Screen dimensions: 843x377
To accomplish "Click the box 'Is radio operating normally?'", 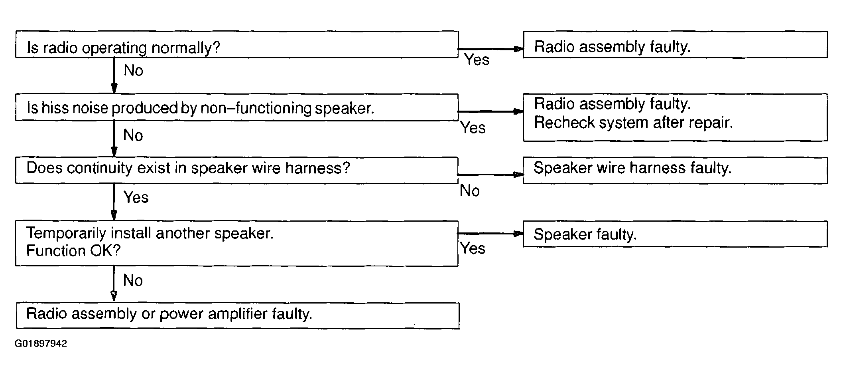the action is [x=237, y=44].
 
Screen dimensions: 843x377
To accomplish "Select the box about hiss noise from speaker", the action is [x=237, y=107].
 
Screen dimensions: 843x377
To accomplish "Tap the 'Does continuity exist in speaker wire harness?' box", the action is [x=237, y=171].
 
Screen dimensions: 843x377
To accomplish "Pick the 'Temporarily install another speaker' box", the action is [x=237, y=244].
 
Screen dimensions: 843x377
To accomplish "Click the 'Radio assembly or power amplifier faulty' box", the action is [x=238, y=315].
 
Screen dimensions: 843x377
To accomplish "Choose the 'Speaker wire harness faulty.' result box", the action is [x=675, y=171].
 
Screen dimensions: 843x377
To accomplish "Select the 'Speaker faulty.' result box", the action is [x=675, y=234].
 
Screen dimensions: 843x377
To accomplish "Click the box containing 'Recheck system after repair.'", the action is [x=675, y=117].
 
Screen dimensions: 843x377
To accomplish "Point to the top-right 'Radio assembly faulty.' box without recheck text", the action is [x=675, y=44].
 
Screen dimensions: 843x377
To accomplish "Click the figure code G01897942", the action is [x=41, y=343].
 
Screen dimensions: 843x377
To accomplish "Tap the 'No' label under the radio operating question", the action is [x=134, y=70].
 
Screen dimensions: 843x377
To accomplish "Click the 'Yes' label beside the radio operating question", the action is [x=477, y=60].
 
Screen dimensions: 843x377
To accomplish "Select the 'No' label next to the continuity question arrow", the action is [x=470, y=190].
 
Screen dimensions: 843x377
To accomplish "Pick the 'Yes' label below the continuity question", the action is [x=136, y=197].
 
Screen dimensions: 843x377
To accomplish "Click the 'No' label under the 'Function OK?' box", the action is [x=133, y=280].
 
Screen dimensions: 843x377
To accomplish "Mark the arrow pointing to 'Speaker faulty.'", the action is [x=490, y=234].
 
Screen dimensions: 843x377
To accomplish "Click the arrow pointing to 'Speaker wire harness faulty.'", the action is [x=490, y=175].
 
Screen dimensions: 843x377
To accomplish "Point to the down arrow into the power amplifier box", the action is [x=114, y=284].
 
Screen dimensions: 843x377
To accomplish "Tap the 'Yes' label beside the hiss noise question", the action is [x=473, y=128].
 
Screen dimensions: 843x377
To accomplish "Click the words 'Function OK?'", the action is [x=73, y=251].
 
